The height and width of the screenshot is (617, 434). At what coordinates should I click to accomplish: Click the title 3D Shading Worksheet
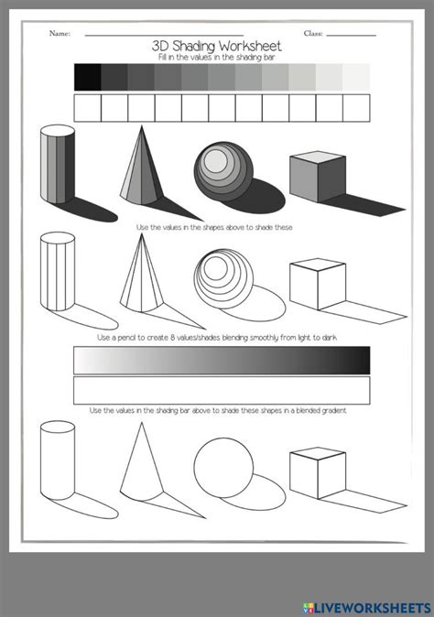click(x=217, y=45)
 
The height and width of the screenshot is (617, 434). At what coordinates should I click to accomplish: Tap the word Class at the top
click(x=313, y=34)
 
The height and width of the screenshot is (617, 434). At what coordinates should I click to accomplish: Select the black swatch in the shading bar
click(x=87, y=77)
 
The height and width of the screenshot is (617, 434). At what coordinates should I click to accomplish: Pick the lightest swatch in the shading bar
click(x=356, y=77)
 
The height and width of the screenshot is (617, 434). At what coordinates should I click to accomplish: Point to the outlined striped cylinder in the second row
click(x=57, y=274)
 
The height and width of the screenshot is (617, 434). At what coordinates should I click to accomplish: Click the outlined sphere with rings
click(x=220, y=274)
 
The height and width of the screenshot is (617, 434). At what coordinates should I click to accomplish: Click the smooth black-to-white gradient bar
click(x=222, y=360)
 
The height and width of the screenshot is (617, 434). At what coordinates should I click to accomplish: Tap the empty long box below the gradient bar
click(x=222, y=391)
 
